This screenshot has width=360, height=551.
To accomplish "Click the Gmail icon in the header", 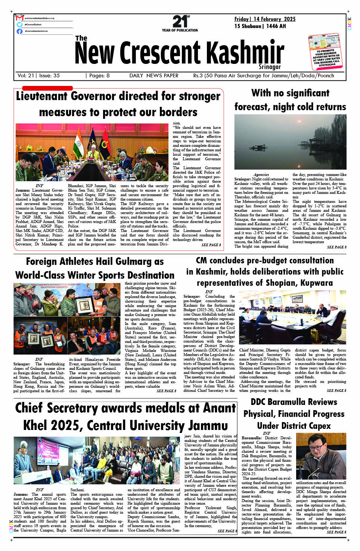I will [x=19, y=18].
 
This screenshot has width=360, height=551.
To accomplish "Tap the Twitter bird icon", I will [x=19, y=24].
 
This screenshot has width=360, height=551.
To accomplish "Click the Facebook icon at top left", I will [x=19, y=31].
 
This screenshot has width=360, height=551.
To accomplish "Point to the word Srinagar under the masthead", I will [x=270, y=67].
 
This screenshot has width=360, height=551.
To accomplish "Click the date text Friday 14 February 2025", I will [x=265, y=19].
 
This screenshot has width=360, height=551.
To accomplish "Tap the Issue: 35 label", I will [x=49, y=75].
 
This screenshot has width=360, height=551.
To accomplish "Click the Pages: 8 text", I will [x=99, y=75].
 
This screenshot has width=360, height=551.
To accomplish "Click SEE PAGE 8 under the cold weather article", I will [x=336, y=247].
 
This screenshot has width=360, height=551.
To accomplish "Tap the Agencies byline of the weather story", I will [x=261, y=174].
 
